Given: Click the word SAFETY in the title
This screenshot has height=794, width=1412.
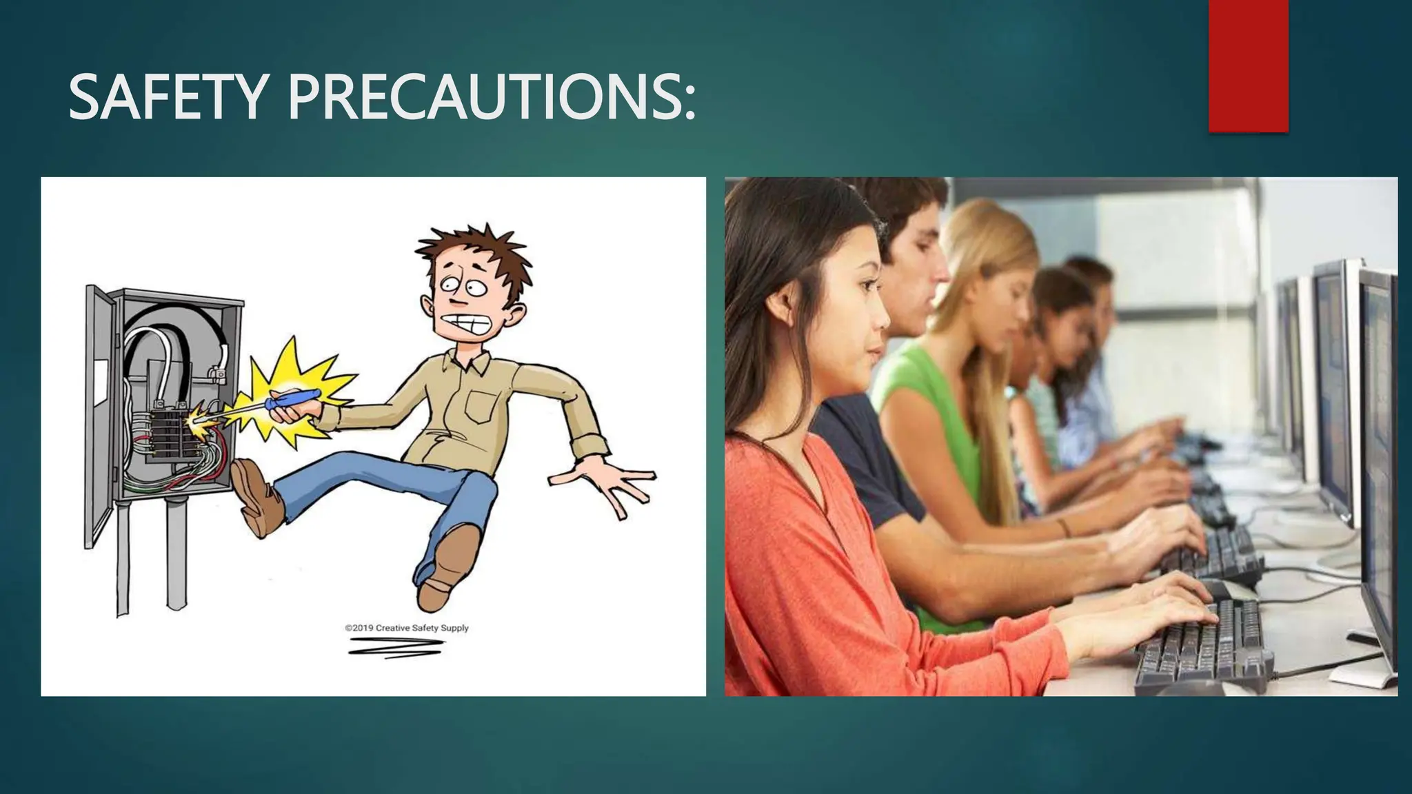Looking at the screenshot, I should (x=166, y=99).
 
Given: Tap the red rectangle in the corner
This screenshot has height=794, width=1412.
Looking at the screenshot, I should (x=1248, y=65).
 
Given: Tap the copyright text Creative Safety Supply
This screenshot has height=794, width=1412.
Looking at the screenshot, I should (x=407, y=628).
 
